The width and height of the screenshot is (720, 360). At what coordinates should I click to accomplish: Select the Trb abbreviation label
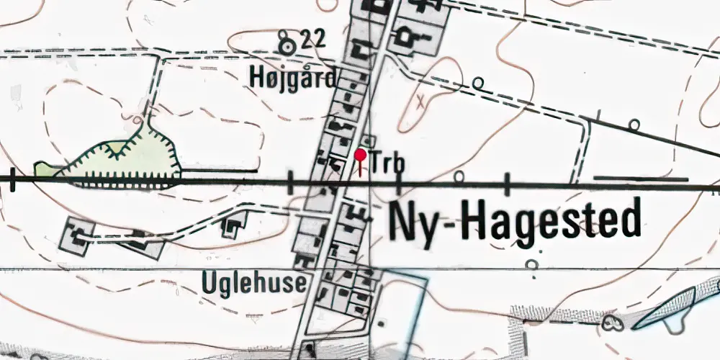[x=386, y=164]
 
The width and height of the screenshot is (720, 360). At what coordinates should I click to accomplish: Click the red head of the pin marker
[x=361, y=154]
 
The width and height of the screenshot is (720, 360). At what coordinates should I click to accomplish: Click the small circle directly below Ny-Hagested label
[x=532, y=265]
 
